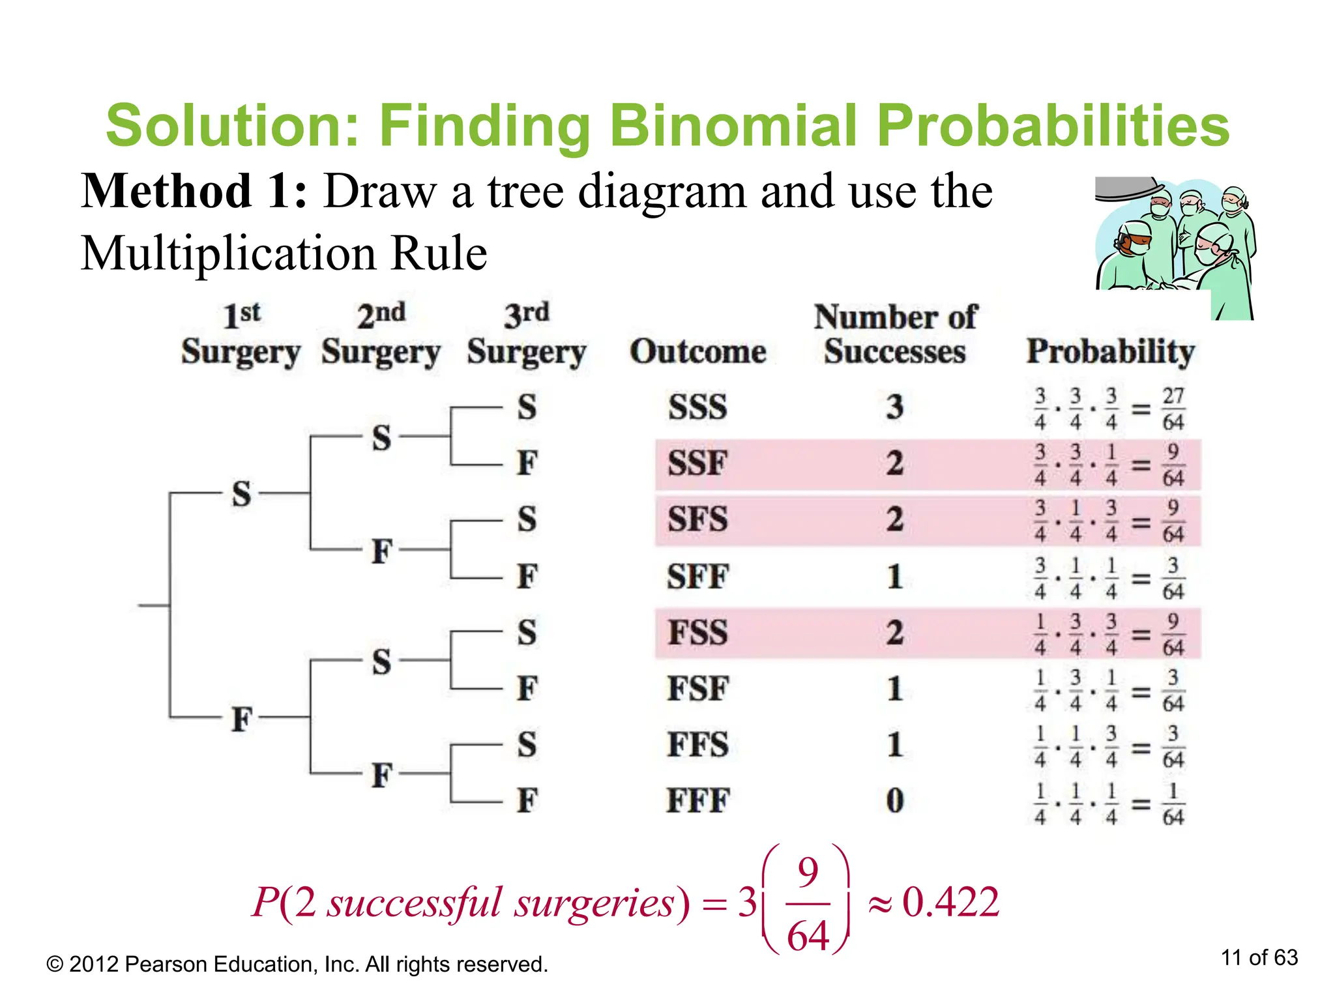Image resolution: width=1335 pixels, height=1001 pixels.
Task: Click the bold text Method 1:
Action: click(194, 191)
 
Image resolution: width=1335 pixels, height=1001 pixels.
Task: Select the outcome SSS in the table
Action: click(697, 407)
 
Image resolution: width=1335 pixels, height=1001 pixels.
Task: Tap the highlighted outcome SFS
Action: click(697, 520)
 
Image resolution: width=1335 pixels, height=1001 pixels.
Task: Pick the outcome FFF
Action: click(697, 801)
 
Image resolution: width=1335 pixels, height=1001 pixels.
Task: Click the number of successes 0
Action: click(895, 801)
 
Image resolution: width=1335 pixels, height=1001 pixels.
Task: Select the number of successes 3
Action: click(895, 407)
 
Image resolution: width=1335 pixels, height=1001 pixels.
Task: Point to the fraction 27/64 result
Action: click(1173, 409)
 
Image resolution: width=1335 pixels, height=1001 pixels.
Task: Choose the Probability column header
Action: click(1110, 352)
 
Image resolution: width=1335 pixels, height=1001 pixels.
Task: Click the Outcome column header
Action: click(697, 352)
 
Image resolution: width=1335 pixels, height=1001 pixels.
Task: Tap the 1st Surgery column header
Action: click(241, 335)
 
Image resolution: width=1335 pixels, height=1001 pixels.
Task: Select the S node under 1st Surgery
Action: click(241, 493)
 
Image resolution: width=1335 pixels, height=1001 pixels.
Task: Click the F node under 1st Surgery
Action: click(241, 719)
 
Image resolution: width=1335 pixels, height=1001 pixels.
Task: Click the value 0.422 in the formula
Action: click(950, 903)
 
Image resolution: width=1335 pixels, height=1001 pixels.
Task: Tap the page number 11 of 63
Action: click(1259, 957)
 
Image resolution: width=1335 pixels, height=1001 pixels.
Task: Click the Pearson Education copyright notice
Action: click(297, 964)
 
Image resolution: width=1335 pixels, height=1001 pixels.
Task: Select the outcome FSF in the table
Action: click(697, 689)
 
